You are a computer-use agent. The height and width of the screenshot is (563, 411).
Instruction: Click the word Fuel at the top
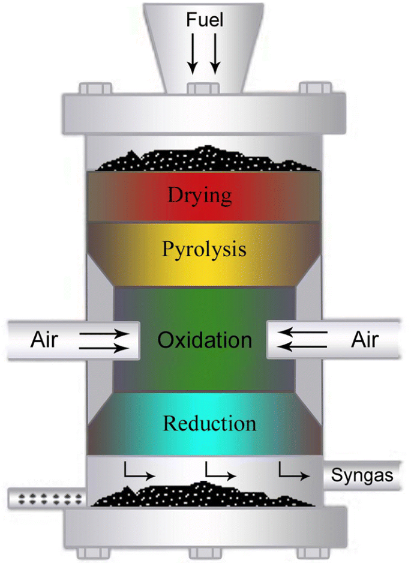pyautogui.click(x=205, y=20)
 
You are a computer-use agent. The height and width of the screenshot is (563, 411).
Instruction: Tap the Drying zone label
pyautogui.click(x=200, y=195)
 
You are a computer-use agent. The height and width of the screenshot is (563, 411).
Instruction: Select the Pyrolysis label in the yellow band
pyautogui.click(x=204, y=249)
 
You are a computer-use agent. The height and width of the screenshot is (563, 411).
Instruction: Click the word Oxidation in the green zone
pyautogui.click(x=205, y=340)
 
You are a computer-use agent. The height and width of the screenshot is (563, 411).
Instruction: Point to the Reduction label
pyautogui.click(x=209, y=424)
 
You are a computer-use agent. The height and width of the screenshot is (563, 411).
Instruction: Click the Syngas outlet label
pyautogui.click(x=362, y=476)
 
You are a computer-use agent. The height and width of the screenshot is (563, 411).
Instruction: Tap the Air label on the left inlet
pyautogui.click(x=44, y=340)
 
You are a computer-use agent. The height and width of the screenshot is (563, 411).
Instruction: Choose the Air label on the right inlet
pyautogui.click(x=365, y=340)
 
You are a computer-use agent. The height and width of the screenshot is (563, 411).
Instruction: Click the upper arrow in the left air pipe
pyautogui.click(x=103, y=332)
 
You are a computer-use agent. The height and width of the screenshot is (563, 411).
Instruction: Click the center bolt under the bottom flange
pyautogui.click(x=204, y=552)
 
